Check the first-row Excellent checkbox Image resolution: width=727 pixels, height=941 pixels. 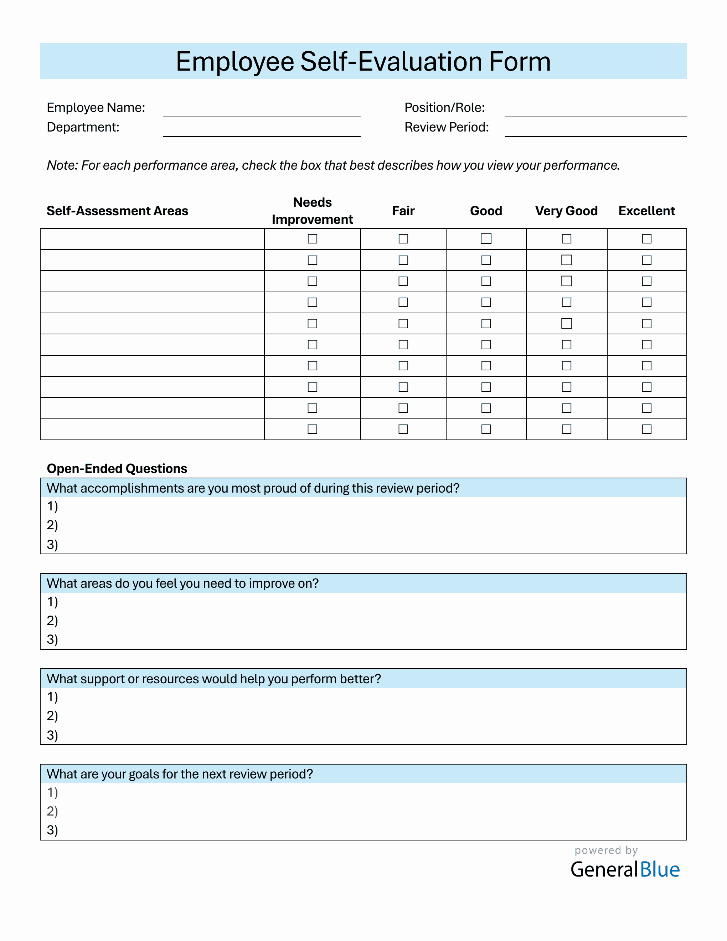coord(646,239)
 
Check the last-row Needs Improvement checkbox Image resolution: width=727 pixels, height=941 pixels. coord(312,429)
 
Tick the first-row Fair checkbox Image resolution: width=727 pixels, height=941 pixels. coord(403,239)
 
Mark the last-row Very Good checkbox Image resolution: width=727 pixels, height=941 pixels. coord(566,429)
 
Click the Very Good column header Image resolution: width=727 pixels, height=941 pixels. coord(566,211)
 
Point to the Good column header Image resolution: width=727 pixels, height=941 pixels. coord(486,211)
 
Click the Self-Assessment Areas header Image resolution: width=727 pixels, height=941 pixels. coord(117,211)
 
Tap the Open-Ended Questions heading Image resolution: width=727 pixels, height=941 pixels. coord(117,468)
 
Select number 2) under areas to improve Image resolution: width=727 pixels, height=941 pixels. coord(52,621)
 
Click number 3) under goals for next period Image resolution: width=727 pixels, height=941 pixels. coord(52,830)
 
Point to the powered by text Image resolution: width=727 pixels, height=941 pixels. coord(605,850)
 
